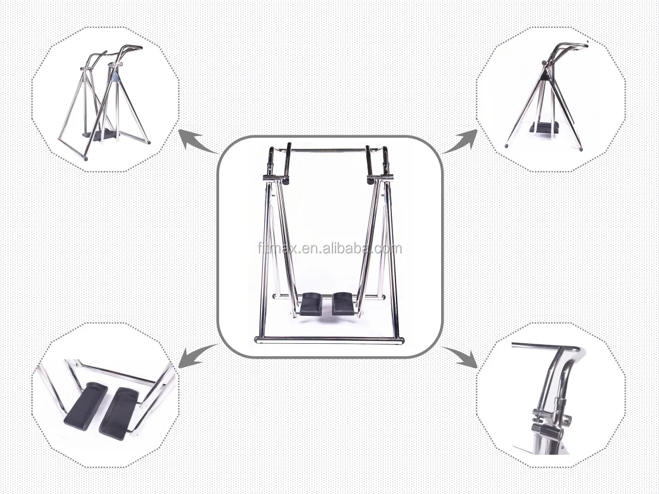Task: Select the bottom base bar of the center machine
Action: click(329, 340)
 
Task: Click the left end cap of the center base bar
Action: click(257, 340)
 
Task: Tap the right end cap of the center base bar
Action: click(401, 340)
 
